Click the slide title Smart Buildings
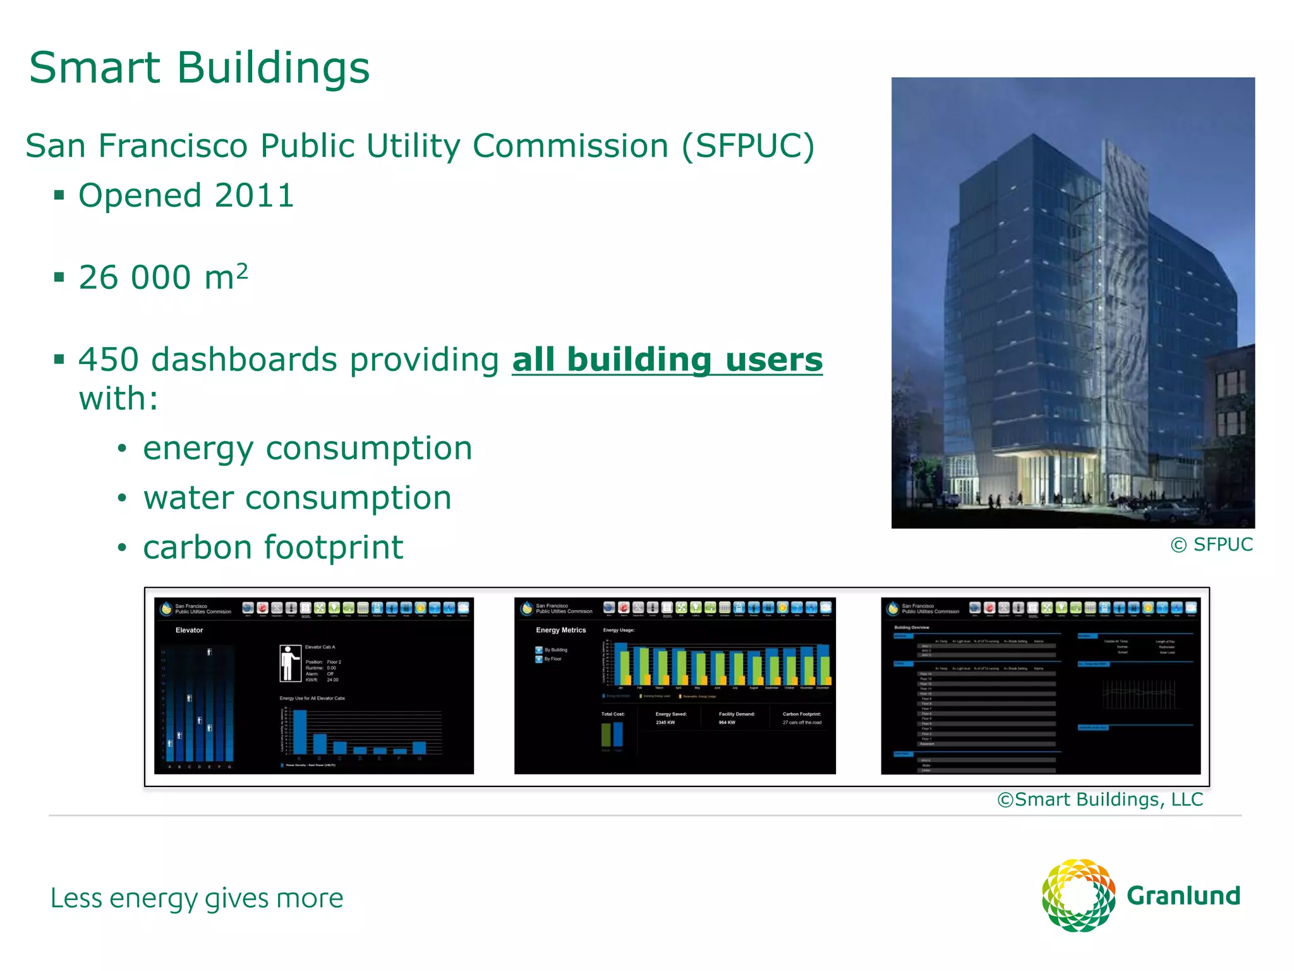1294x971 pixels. click(199, 68)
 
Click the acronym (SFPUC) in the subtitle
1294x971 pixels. click(748, 146)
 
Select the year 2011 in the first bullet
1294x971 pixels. click(254, 195)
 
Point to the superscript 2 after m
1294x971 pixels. click(242, 271)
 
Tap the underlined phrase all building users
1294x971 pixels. click(667, 360)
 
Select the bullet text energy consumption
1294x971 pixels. click(307, 448)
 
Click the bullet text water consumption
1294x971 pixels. click(297, 498)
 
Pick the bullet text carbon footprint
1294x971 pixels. click(273, 547)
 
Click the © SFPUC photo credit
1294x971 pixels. click(1211, 544)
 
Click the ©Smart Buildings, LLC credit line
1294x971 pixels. click(1100, 800)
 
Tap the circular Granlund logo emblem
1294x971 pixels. click(1078, 895)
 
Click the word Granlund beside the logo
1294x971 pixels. click(1183, 896)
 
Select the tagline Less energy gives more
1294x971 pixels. click(197, 898)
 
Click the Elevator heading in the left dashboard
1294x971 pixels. click(189, 630)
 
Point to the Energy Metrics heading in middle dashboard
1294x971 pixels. click(560, 630)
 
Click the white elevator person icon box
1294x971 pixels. click(290, 663)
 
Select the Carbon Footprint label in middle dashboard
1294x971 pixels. click(801, 714)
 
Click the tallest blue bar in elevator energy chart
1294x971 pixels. click(300, 731)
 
